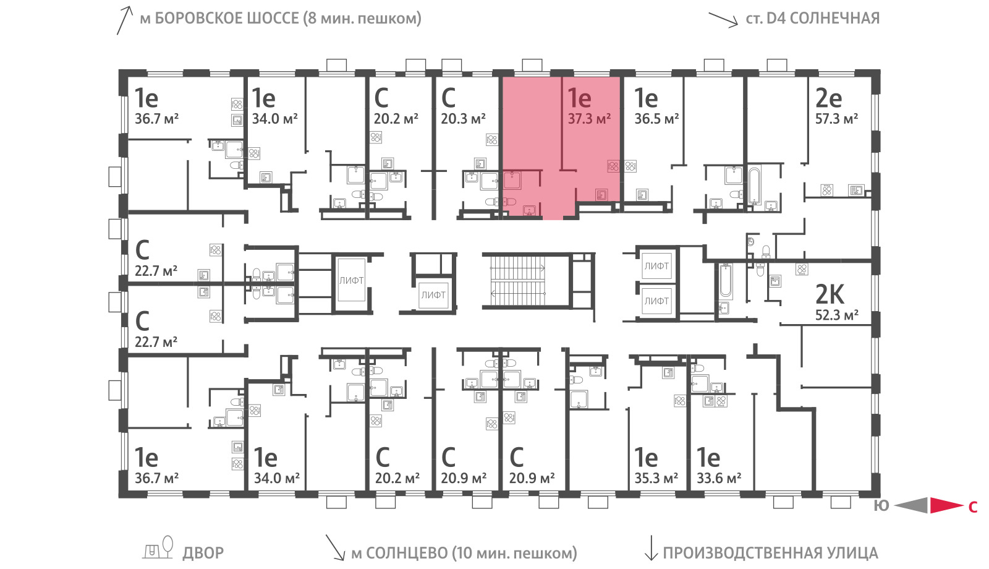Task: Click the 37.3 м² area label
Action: pyautogui.click(x=589, y=118)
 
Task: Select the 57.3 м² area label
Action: pyautogui.click(x=836, y=118)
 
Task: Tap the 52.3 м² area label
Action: pyautogui.click(x=836, y=315)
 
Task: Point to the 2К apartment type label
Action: pyautogui.click(x=830, y=294)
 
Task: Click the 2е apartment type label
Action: pyautogui.click(x=828, y=98)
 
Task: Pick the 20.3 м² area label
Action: pyautogui.click(x=463, y=118)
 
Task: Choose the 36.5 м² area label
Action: pyautogui.click(x=656, y=118)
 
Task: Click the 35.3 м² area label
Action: pyautogui.click(x=656, y=478)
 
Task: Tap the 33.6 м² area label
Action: pyautogui.click(x=719, y=478)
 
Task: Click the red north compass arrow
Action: pyautogui.click(x=946, y=505)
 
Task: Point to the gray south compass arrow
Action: pyautogui.click(x=911, y=505)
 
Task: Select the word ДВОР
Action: pyautogui.click(x=203, y=553)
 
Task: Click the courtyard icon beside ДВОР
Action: pyautogui.click(x=158, y=548)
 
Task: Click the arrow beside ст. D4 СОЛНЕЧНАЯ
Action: pyautogui.click(x=723, y=19)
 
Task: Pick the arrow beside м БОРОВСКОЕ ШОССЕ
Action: pyautogui.click(x=124, y=20)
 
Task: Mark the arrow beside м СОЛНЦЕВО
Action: pyautogui.click(x=335, y=547)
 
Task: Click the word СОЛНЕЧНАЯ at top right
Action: pyautogui.click(x=834, y=18)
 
